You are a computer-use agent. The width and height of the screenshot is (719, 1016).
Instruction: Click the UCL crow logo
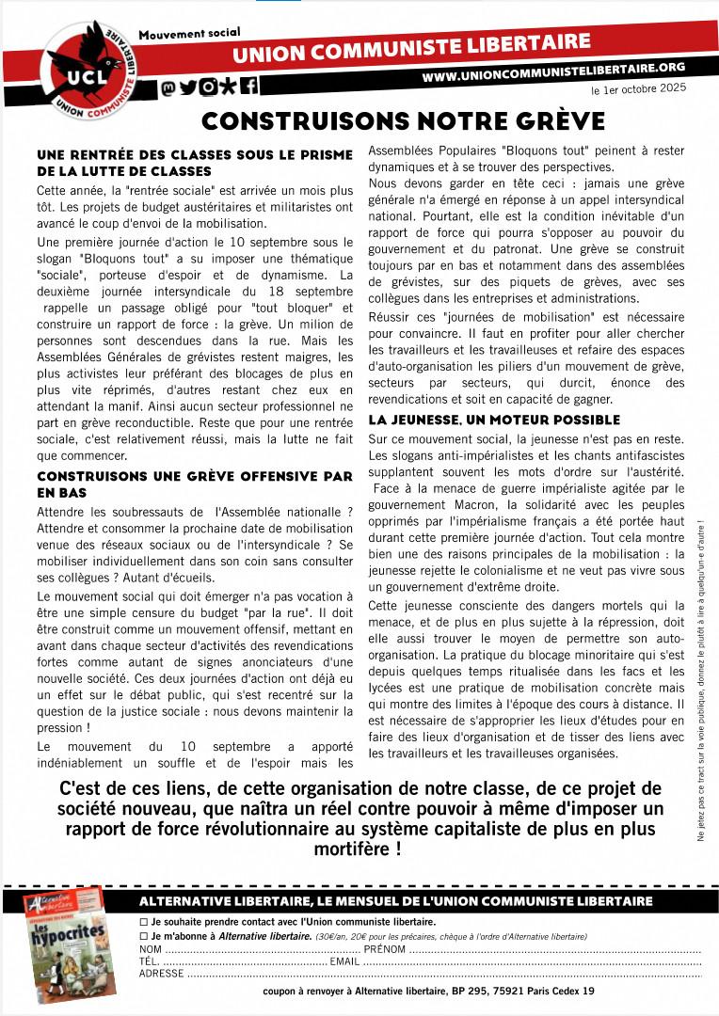[x=85, y=66]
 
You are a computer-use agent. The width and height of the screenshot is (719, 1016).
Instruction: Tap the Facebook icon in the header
[x=249, y=87]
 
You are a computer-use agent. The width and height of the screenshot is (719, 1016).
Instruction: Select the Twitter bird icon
[x=188, y=87]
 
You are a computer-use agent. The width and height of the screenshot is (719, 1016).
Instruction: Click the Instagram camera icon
[x=208, y=87]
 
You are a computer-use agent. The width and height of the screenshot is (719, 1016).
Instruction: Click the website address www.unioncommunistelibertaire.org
[x=552, y=70]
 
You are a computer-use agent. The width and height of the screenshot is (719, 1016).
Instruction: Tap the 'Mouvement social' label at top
[x=189, y=34]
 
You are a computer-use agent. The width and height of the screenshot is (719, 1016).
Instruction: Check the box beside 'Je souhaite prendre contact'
[x=143, y=922]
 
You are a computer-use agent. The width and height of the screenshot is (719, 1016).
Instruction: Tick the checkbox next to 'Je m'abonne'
[x=143, y=936]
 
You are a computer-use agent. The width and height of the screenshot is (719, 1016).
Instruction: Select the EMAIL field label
[x=344, y=960]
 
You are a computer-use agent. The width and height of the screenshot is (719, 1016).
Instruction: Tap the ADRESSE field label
[x=161, y=974]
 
